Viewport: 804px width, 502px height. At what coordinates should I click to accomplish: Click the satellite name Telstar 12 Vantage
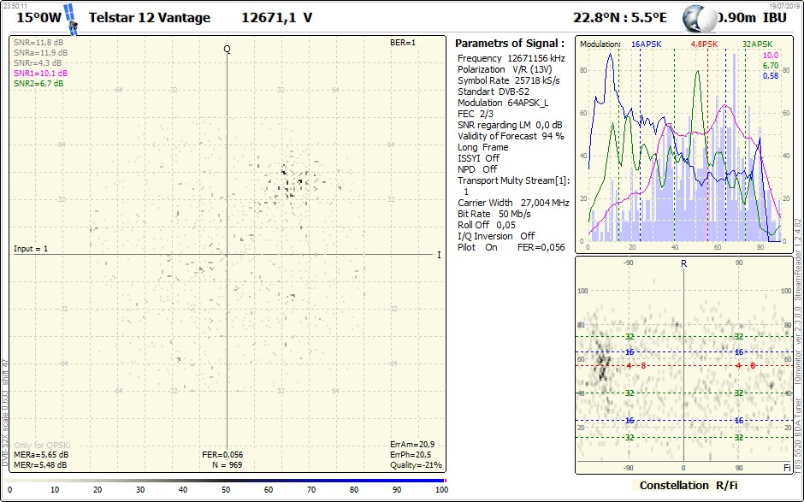150,17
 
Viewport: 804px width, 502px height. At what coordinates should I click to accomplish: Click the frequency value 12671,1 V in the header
276,17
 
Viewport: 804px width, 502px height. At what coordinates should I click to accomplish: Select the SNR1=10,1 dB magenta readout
40,74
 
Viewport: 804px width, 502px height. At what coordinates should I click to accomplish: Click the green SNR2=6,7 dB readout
38,84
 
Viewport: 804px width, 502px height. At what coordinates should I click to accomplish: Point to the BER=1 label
403,42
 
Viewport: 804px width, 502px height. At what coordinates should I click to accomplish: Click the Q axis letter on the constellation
227,49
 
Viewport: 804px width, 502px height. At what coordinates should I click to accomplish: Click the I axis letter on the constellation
439,255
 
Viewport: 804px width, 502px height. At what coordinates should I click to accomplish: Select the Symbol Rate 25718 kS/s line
508,80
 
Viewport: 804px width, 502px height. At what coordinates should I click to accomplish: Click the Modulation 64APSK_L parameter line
503,103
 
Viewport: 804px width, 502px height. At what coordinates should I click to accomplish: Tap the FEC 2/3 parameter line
477,114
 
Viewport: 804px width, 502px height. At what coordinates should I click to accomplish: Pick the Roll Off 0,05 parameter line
488,225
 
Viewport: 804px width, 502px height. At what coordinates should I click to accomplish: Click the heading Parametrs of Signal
509,43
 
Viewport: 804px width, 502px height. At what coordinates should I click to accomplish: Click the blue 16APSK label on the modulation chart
646,44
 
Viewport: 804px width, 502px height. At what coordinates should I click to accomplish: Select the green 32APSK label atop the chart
757,44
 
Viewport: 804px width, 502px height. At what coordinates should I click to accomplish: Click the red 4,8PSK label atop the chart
704,44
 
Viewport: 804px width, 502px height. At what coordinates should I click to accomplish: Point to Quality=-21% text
415,465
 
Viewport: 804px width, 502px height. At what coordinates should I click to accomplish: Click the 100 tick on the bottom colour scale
440,490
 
